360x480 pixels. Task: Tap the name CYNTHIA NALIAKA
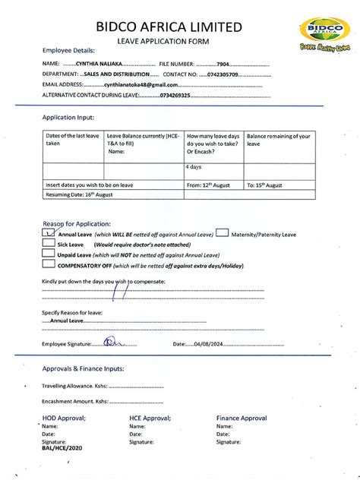[x=98, y=64]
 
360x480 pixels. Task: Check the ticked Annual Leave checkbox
[x=49, y=235]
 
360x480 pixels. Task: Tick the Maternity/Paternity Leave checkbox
[x=223, y=234]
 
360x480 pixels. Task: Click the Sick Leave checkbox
[x=49, y=245]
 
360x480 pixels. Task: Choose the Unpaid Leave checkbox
[x=49, y=256]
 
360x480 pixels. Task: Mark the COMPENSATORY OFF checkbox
[x=49, y=267]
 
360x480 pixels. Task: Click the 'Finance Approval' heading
[x=242, y=418]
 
